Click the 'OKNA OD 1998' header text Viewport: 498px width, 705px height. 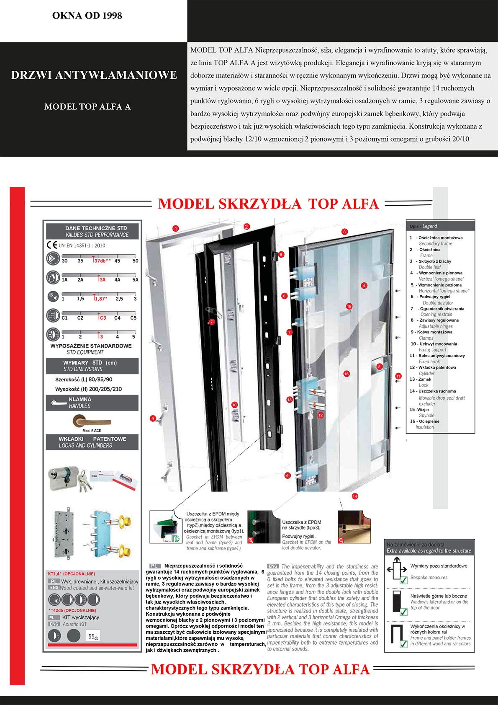(87, 16)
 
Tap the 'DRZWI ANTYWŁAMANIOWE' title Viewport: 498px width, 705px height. (94, 75)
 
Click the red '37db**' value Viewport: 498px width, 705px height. (102, 261)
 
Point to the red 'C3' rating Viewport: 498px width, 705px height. (102, 318)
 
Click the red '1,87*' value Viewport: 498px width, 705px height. (100, 299)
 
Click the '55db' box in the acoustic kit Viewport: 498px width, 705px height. (93, 636)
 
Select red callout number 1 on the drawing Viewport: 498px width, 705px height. (176, 228)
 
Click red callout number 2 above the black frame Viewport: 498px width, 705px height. (247, 227)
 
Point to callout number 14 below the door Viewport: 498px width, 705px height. (355, 496)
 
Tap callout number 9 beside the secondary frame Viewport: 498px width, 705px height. (153, 418)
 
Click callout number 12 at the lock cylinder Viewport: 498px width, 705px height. (321, 415)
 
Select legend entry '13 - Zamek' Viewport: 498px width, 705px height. (421, 380)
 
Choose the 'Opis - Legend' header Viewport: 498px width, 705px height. (424, 226)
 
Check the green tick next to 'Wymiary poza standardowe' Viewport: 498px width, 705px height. (403, 580)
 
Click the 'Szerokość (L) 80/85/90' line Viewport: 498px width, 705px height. (84, 380)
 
